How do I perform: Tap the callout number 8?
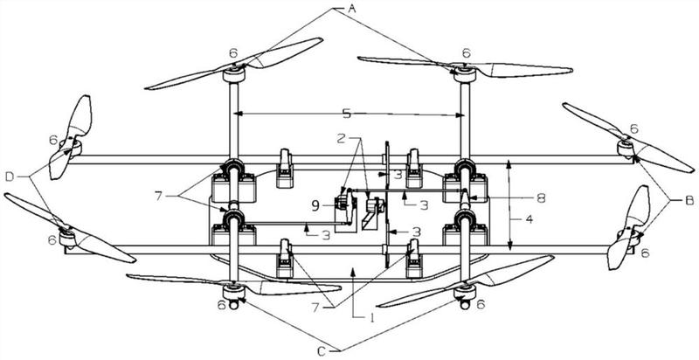coord(541,198)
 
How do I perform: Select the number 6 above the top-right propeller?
coord(466,52)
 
